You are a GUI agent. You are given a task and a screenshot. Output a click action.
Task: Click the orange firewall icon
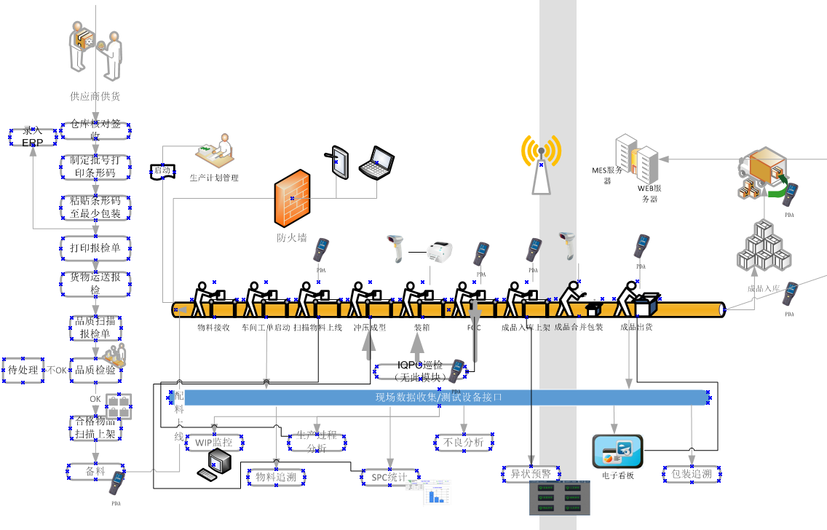coord(292,198)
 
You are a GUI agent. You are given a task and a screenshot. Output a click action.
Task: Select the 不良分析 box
coord(463,442)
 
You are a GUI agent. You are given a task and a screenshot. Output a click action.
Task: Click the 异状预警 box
coord(531,474)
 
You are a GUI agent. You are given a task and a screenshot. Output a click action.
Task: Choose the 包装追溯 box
coord(692,475)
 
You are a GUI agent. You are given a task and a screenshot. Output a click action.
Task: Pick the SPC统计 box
coord(385,477)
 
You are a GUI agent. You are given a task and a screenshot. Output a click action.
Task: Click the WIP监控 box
coord(214,442)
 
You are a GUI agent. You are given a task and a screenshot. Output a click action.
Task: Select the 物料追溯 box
coord(275,477)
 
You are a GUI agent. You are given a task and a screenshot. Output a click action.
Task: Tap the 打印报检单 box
coord(95,248)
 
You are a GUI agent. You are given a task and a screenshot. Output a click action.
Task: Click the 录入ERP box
coord(33,136)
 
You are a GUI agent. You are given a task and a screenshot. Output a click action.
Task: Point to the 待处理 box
coord(23,370)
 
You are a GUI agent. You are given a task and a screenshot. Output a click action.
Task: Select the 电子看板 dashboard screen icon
coord(617,451)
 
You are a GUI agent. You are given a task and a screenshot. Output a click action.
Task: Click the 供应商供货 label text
coord(95,96)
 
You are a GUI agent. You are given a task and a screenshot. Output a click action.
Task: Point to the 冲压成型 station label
coord(370,328)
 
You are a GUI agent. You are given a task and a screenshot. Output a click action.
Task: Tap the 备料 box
coord(95,472)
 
